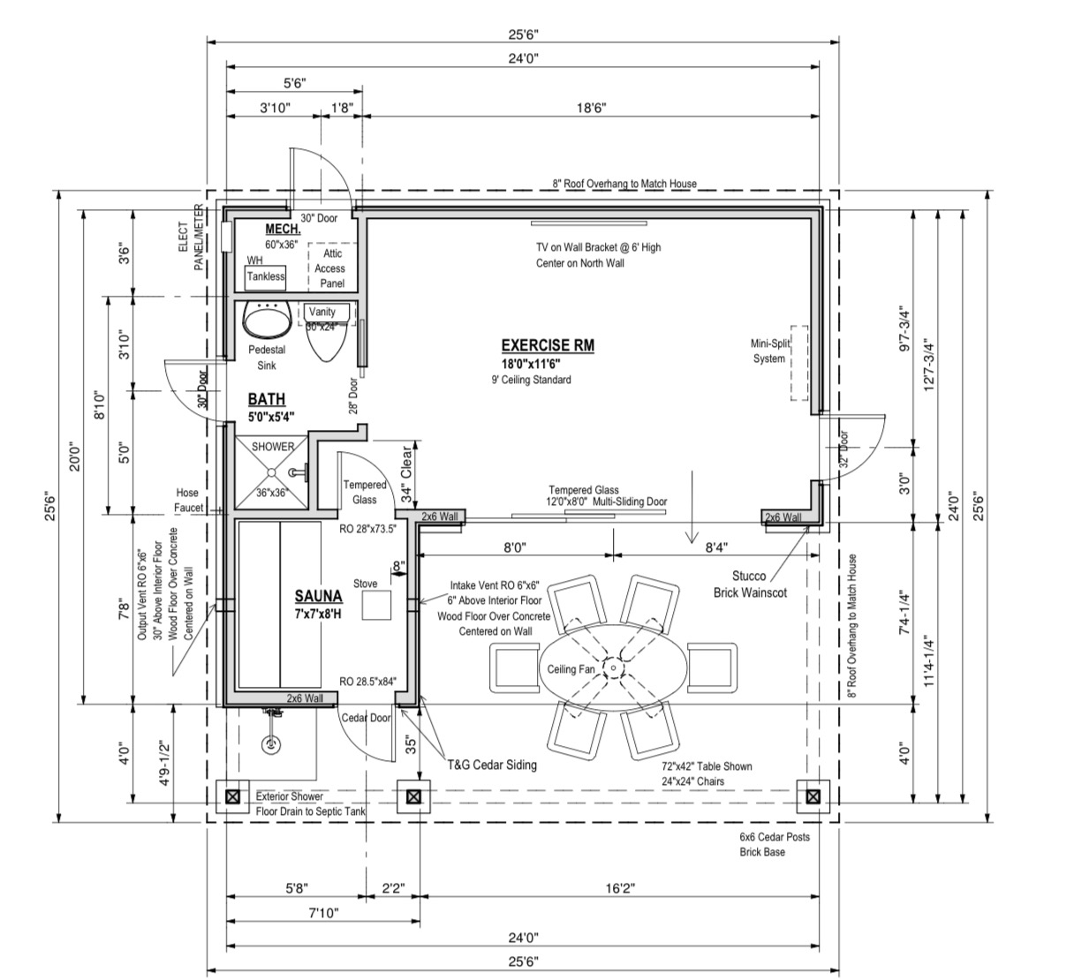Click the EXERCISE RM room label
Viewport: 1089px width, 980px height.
coord(548,346)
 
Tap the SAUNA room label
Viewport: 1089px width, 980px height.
coord(318,596)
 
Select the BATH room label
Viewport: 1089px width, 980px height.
coord(266,399)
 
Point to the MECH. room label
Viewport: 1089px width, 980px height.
coord(283,229)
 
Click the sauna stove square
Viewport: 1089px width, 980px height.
coord(376,606)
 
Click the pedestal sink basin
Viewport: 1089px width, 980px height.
coord(266,320)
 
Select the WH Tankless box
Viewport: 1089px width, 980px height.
coord(266,277)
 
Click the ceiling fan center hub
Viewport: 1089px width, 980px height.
coord(613,667)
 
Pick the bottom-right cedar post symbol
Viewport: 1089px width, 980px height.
coord(813,796)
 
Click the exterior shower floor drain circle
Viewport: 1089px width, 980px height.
coord(270,744)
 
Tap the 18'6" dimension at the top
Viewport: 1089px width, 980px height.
coord(591,108)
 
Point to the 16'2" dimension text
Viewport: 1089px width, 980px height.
coord(620,888)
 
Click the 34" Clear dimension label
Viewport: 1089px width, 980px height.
coord(406,474)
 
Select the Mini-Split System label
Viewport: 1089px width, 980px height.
coord(769,351)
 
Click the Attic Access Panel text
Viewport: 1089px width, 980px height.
coord(329,268)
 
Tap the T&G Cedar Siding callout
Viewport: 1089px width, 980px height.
coord(492,765)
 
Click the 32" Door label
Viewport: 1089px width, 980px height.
coord(843,449)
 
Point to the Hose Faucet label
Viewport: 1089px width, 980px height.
coord(188,500)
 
